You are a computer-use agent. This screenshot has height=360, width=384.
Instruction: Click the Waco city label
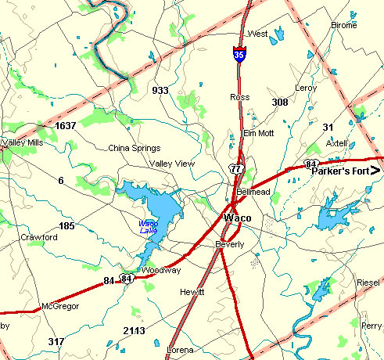238,218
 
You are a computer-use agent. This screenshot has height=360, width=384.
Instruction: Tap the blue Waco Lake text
148,227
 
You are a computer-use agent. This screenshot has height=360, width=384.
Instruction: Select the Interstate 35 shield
238,55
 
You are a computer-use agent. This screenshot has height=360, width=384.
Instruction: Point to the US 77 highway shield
235,168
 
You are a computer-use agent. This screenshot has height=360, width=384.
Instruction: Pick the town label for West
257,34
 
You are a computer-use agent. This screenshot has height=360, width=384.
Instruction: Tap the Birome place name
343,26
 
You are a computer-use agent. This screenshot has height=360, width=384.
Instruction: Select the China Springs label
134,148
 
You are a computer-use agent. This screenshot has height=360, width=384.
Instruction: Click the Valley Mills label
23,142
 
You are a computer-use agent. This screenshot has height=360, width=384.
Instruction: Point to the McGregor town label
60,306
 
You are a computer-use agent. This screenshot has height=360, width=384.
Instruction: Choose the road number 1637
65,125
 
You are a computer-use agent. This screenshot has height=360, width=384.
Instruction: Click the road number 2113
135,331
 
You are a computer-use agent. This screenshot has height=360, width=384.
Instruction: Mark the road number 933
160,91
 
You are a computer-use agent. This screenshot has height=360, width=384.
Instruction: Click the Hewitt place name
191,292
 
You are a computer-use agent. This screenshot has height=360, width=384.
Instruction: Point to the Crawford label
39,237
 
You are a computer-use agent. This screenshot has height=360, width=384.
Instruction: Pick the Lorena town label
180,350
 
